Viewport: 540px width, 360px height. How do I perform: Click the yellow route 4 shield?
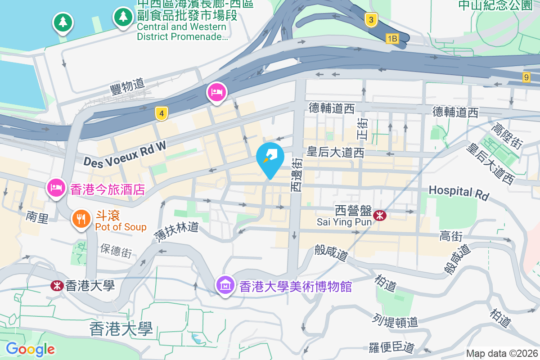[162, 113]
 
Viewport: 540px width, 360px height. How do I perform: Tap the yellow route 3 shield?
[370, 19]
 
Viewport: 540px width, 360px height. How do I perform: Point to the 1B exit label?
[392, 39]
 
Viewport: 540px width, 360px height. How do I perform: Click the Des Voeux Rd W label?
[125, 153]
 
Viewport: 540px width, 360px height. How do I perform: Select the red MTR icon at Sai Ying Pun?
[380, 216]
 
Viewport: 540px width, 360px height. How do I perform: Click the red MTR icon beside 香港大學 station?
[56, 285]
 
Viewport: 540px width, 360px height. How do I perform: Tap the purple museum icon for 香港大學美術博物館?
[225, 284]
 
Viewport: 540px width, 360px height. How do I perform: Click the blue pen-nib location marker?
[270, 157]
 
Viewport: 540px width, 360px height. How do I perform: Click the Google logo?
[31, 349]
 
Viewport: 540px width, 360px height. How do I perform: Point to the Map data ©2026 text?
[502, 353]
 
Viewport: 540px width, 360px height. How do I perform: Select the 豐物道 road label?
[127, 85]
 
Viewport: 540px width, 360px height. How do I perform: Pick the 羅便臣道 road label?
[391, 347]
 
